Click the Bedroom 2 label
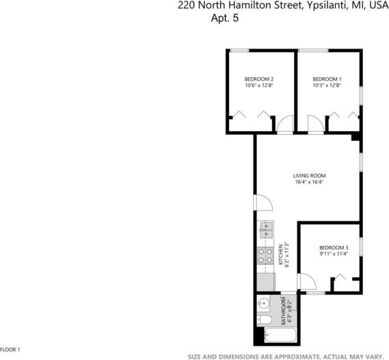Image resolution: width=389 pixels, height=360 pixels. coord(259,78)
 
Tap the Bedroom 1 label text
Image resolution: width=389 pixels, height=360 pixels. coord(327,78)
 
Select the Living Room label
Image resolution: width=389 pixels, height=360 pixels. coord(309,175)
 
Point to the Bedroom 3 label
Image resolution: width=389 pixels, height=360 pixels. coord(334,247)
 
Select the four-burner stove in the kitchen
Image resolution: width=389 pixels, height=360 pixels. coord(265,256)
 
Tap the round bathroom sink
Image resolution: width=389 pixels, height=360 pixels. coord(263,304)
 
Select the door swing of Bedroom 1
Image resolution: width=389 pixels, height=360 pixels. coord(315,124)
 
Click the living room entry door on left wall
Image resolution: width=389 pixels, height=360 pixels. coord(262,203)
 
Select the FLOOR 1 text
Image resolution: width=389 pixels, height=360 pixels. coord(11,349)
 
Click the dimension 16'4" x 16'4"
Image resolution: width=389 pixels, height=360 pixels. coord(309,182)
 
